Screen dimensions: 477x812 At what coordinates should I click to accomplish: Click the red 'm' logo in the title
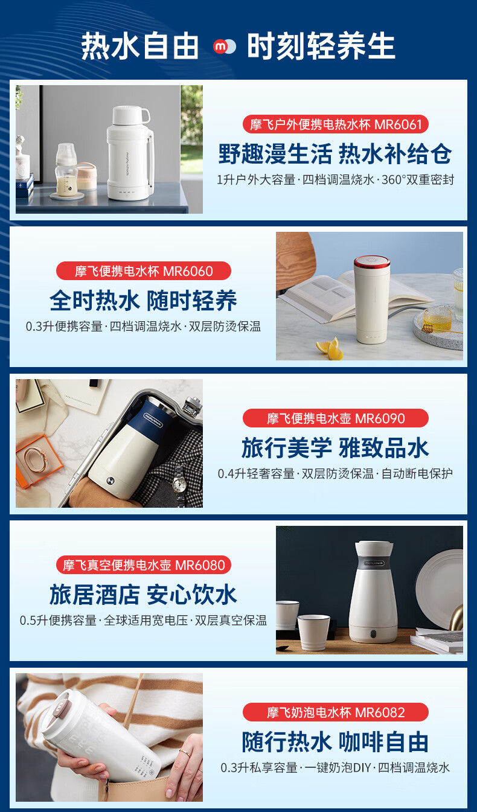pos(220,46)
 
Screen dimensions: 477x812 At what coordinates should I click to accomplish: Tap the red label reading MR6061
pos(336,124)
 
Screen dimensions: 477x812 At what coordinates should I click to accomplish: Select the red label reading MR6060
pos(144,271)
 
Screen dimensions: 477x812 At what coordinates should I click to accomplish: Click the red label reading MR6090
pos(336,418)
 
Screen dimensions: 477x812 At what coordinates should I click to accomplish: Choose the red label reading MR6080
pos(144,564)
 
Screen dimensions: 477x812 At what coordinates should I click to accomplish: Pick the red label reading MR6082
pos(336,712)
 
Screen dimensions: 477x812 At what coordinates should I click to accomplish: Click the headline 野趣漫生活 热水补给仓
pos(335,154)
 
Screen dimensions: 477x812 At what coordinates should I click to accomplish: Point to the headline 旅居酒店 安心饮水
pos(143,595)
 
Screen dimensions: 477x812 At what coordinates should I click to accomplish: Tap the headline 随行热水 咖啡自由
pos(335,742)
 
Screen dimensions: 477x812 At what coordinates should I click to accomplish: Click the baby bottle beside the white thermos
pos(66,170)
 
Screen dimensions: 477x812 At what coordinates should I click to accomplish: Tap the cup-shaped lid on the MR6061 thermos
pos(130,115)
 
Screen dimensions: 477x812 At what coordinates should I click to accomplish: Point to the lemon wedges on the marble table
pos(330,349)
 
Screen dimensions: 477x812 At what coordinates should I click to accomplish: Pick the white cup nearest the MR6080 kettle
pos(313,631)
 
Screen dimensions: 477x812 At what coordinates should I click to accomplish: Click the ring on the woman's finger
pos(185,752)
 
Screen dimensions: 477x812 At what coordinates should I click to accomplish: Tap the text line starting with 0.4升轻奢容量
pos(335,473)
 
